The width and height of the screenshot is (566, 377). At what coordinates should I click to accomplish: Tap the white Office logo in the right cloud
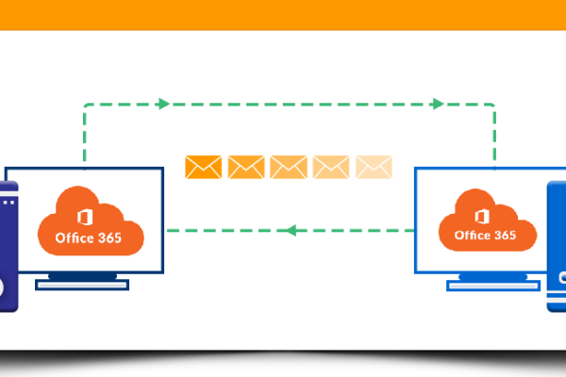click(x=483, y=211)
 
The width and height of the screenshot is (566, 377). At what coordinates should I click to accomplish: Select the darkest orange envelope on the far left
click(x=203, y=167)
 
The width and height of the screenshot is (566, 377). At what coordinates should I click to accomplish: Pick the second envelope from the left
click(x=245, y=167)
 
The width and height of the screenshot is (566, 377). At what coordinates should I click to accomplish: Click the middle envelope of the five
click(x=289, y=167)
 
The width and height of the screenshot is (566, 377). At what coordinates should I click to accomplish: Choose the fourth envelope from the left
click(x=331, y=167)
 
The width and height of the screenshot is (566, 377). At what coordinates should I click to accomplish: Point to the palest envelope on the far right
click(x=374, y=167)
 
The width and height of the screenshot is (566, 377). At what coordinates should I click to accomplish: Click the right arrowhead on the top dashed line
click(x=438, y=104)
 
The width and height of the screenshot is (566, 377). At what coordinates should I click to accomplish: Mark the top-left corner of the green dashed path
click(x=85, y=104)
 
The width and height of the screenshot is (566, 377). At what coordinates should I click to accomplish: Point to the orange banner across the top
click(x=283, y=13)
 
